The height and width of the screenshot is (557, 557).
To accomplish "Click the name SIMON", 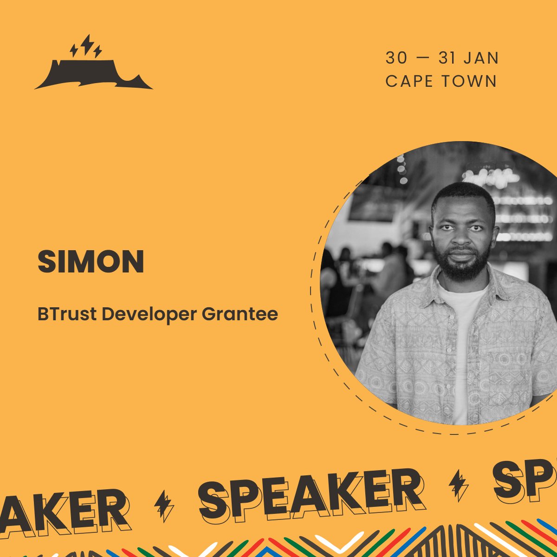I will [91, 262].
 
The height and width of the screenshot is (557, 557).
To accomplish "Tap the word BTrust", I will [67, 314].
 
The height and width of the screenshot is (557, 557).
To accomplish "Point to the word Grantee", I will [240, 314].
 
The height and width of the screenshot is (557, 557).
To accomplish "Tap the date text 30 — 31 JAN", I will [442, 58].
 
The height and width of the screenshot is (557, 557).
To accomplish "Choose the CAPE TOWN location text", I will [441, 81].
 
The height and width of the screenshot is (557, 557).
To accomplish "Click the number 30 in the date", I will [396, 58].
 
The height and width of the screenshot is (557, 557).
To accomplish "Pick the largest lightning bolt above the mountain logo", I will [86, 44].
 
